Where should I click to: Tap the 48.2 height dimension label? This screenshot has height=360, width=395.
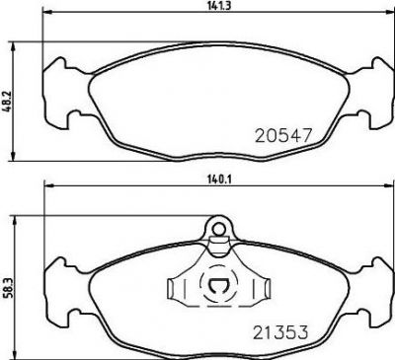click(x=7, y=103)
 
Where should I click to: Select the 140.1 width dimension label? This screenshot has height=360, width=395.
click(x=216, y=180)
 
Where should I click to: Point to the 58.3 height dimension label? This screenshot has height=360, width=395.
click(x=7, y=288)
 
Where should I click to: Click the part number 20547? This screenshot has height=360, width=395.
click(x=283, y=135)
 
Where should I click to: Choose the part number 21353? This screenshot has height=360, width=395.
click(x=280, y=331)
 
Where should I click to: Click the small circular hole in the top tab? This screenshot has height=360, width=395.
click(x=217, y=228)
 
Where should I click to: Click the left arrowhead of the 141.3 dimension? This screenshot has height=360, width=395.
click(x=47, y=13)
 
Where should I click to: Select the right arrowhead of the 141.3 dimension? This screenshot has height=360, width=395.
click(x=388, y=13)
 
